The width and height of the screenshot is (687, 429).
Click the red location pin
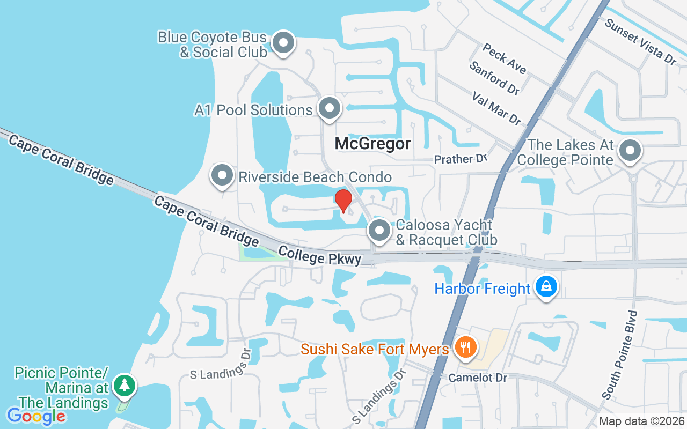point(343,201)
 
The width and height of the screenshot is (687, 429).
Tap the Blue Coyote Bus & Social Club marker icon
point(283,43)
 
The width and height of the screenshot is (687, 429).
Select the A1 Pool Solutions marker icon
point(330,108)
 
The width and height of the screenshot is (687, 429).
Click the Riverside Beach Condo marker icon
point(222,176)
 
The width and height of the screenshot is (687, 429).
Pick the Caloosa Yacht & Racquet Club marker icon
point(380,231)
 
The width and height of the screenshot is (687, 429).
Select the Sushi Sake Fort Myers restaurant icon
point(465,347)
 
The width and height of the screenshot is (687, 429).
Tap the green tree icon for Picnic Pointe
point(125,386)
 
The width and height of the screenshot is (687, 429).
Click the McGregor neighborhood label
point(373,144)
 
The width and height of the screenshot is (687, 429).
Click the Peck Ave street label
point(504,58)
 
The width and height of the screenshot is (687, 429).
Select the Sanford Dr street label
point(494,78)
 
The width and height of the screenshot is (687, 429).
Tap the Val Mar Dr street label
point(496,108)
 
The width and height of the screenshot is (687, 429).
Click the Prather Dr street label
point(461,159)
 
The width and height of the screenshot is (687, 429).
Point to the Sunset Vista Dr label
point(640,41)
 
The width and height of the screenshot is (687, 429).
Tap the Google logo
point(36,416)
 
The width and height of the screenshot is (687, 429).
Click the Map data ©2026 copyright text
point(641,421)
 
